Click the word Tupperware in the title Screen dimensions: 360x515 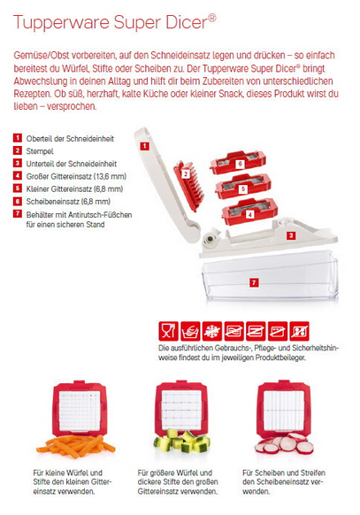tap(61, 23)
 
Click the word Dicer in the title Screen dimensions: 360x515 tap(187, 22)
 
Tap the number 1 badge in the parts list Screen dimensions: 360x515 tap(18, 138)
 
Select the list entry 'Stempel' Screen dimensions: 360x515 tap(40, 151)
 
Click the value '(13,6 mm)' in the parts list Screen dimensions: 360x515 tap(110, 176)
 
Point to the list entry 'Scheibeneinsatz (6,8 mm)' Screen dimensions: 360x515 tap(68, 202)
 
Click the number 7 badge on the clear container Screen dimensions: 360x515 tap(254, 282)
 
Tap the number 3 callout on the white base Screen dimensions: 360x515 tap(291, 235)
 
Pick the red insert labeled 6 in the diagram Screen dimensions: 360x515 tap(238, 162)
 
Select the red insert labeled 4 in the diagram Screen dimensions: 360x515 tap(249, 211)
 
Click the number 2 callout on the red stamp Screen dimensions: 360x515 tap(186, 173)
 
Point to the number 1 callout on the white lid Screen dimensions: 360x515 tap(144, 146)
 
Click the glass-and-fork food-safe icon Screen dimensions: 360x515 tap(168, 331)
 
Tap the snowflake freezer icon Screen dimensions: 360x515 tap(212, 331)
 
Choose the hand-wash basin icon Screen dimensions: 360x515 tap(190, 331)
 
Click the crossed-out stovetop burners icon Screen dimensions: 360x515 tap(299, 331)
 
